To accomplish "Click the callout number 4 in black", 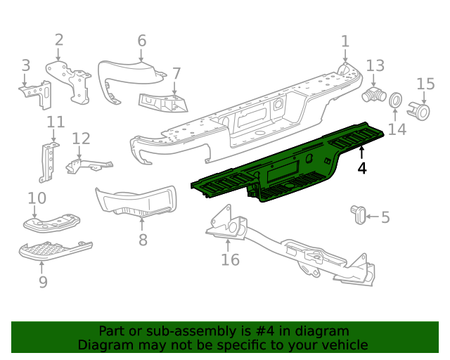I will (x=361, y=168).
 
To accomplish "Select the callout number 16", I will (x=230, y=260).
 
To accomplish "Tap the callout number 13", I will (x=375, y=65).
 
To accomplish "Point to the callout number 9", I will (x=43, y=282).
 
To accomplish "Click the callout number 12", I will (x=82, y=139).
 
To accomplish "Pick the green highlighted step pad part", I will (x=288, y=167).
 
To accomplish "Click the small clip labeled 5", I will (x=358, y=214).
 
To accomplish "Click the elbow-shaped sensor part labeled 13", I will (x=373, y=96).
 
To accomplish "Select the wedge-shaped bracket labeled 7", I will (x=164, y=103).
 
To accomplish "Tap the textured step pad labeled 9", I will (x=54, y=249).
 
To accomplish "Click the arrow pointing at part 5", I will (x=371, y=217).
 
